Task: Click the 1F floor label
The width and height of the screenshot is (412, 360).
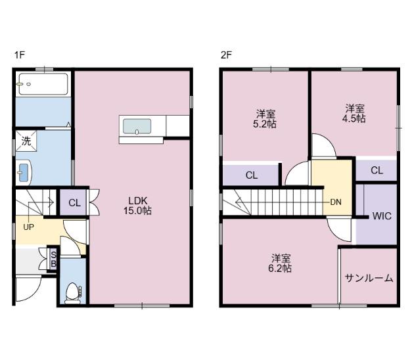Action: click(x=19, y=55)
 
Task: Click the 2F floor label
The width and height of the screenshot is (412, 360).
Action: click(x=226, y=55)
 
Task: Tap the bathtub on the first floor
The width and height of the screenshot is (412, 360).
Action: click(x=43, y=84)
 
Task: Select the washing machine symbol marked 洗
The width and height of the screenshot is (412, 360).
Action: click(x=26, y=141)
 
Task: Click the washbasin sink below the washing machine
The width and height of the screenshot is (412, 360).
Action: click(x=24, y=173)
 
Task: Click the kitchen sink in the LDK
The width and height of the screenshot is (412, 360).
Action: click(x=137, y=126)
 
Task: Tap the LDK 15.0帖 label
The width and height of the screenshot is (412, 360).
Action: click(x=138, y=206)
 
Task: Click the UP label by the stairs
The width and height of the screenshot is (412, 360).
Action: click(x=29, y=227)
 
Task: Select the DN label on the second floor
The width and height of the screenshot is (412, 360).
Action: click(x=336, y=202)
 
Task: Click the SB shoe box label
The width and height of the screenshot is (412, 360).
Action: click(x=53, y=259)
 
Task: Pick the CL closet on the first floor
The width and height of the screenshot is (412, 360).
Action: click(x=74, y=203)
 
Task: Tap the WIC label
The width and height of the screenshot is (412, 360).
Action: click(x=382, y=216)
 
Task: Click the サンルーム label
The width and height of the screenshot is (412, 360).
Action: click(x=369, y=278)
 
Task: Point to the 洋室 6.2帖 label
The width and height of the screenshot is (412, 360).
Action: click(x=280, y=263)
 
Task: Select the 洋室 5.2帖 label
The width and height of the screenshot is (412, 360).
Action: click(x=265, y=119)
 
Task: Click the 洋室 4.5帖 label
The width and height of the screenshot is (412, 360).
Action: click(x=354, y=113)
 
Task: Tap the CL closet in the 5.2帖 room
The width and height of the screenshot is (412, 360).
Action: click(x=252, y=175)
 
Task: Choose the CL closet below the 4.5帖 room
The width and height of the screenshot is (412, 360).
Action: click(x=377, y=170)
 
